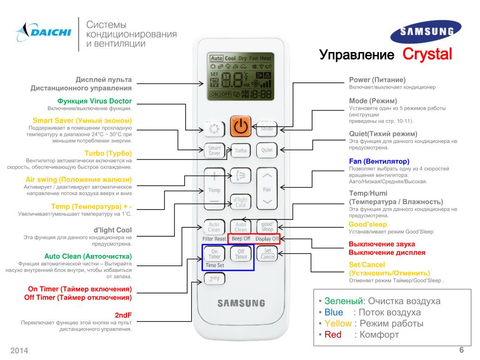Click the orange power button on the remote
[x=240, y=127]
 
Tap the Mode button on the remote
[x=267, y=128]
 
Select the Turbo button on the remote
[x=240, y=150]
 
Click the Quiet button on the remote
[x=267, y=150]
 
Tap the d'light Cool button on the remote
[x=240, y=202]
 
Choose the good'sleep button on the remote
[x=267, y=226]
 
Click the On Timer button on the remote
[x=214, y=254]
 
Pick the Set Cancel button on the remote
[x=267, y=254]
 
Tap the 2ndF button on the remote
[x=214, y=278]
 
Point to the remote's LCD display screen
[x=240, y=77]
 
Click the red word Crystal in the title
[x=427, y=54]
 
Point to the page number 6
[x=461, y=350]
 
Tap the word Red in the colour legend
[x=333, y=335]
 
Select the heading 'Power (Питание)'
[x=377, y=80]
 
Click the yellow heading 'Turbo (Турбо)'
[x=108, y=153]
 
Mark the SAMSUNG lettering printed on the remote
[x=240, y=303]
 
